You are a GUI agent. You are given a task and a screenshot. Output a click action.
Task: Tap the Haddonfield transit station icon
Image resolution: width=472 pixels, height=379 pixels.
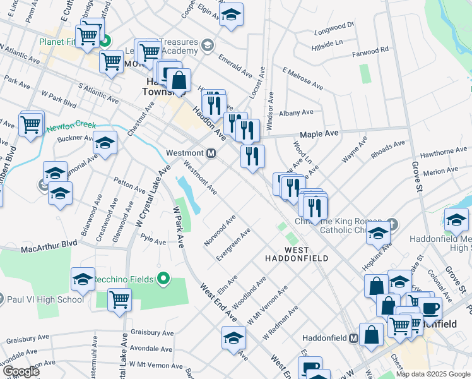[x=354, y=339]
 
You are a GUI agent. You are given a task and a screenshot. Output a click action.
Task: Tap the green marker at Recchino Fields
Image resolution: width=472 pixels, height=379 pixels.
[x=163, y=278]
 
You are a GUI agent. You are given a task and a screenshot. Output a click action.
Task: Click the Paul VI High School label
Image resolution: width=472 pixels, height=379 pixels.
[x=45, y=299]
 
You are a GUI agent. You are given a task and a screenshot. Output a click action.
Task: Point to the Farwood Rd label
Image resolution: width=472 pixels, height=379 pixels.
[x=374, y=50]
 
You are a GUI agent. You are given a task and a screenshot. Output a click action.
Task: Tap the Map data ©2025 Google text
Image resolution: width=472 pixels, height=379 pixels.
[x=433, y=374]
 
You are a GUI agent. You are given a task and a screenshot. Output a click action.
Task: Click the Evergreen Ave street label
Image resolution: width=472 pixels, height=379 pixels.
[x=233, y=244]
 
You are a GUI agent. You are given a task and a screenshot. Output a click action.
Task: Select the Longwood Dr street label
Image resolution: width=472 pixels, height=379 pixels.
[x=335, y=27]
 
